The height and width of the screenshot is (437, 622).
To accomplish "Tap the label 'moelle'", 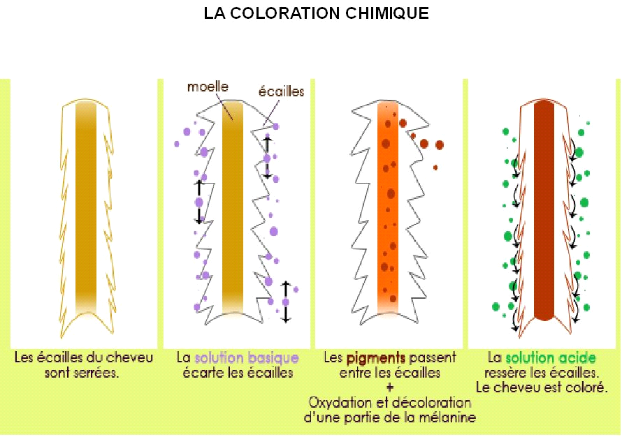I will [x=206, y=87].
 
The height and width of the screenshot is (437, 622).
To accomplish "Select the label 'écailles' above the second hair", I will [x=282, y=91].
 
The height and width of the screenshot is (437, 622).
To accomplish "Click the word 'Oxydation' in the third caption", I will [x=338, y=403].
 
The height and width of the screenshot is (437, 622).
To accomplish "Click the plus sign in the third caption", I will [x=390, y=387].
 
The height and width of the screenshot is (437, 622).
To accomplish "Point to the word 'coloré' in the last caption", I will [x=586, y=387].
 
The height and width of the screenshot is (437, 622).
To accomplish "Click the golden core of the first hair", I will [x=86, y=209].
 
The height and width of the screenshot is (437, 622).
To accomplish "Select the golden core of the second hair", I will [x=233, y=209].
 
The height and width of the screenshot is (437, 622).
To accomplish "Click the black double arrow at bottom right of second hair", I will [x=285, y=302].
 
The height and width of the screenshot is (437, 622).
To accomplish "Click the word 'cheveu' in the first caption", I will [x=131, y=358].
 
